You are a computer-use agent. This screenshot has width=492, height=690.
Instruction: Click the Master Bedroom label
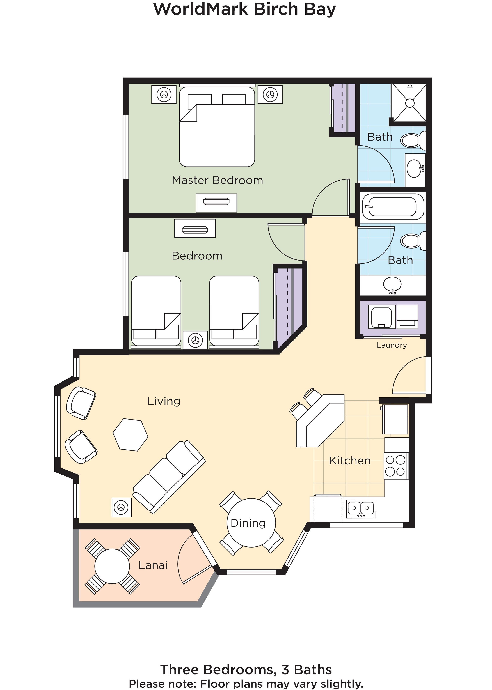(217, 180)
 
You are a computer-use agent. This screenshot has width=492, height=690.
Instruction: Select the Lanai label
(153, 565)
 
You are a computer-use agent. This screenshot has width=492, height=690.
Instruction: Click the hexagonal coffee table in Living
(131, 435)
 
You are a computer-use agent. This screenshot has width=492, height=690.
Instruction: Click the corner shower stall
(409, 103)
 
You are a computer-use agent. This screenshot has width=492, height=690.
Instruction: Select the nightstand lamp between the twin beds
(195, 340)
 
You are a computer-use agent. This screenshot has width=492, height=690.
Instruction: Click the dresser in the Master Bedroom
(216, 202)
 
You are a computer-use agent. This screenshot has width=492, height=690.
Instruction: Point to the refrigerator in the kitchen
(395, 419)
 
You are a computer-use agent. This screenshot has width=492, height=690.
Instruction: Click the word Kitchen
(350, 461)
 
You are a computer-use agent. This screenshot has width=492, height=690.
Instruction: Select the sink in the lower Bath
(392, 285)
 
